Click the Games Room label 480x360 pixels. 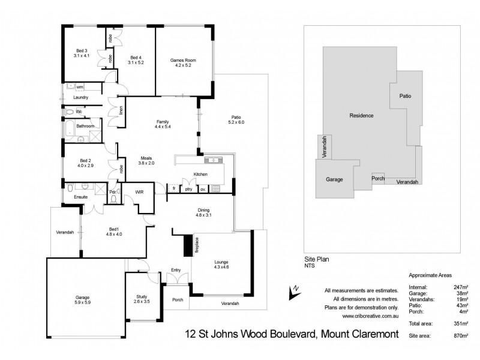coord(184,61)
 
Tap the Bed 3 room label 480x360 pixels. coord(82,50)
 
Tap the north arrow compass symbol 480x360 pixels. coord(293,291)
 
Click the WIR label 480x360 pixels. coord(139,193)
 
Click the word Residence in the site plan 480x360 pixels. coord(362,115)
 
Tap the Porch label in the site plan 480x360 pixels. coord(378,178)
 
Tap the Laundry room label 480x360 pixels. coord(80,97)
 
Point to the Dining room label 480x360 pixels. coord(204,209)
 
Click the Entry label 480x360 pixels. coord(176,270)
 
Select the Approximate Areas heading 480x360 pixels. coord(430,275)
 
